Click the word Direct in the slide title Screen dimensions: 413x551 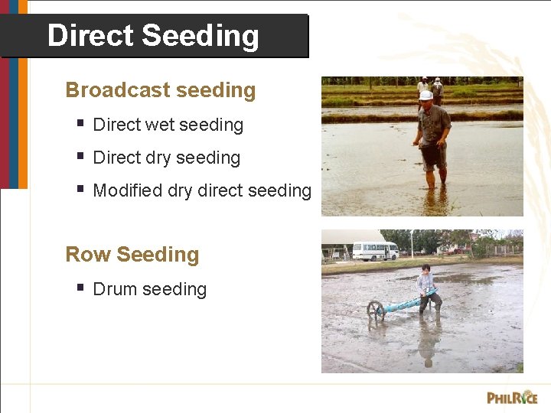coord(90,36)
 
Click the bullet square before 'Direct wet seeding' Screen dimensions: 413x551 coord(80,122)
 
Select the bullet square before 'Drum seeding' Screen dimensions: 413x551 coord(80,287)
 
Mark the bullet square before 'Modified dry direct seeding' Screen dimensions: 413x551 coord(80,188)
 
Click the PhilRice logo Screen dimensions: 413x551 coord(511,397)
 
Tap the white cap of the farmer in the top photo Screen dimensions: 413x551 coord(425,96)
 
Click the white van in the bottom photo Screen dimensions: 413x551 coord(374,251)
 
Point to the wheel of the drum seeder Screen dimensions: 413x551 coord(376,309)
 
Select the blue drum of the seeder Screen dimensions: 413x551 coord(406,304)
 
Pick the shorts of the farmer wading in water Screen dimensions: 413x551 coord(432,156)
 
